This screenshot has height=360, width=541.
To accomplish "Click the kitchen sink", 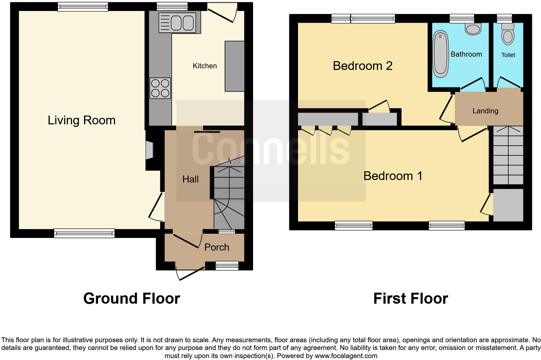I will [x=177, y=23].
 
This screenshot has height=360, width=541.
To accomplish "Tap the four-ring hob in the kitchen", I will [x=160, y=88].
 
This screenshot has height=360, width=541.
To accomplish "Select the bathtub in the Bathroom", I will [x=440, y=54].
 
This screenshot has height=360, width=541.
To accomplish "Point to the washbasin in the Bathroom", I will [x=473, y=29].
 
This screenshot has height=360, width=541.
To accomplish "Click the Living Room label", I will [x=82, y=120].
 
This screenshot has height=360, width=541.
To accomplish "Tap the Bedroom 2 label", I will [x=362, y=66].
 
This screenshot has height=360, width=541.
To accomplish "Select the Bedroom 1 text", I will [x=393, y=176].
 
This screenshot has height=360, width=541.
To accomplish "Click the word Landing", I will [x=485, y=111].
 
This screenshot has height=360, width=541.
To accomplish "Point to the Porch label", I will [x=216, y=247].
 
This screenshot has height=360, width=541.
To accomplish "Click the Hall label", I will [x=190, y=179].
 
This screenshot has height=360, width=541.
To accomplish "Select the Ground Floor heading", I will [x=131, y=298].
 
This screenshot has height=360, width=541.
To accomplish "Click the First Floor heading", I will [x=410, y=298].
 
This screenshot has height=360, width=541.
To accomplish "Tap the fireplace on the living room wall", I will [x=149, y=150].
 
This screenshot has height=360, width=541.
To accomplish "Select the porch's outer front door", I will [x=191, y=274].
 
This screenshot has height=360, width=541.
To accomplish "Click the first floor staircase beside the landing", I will [x=508, y=155].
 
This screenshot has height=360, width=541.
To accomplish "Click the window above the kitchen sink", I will [x=172, y=6].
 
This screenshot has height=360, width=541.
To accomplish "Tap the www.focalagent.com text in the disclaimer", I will [x=346, y=356].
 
